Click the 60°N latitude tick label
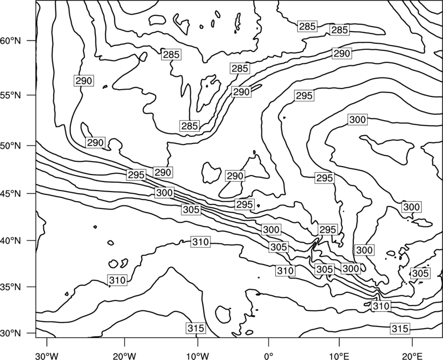pyautogui.click(x=11, y=41)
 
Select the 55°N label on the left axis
pyautogui.click(x=11, y=95)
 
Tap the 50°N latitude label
pyautogui.click(x=11, y=146)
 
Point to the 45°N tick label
pyautogui.click(x=11, y=193)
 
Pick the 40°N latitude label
pyautogui.click(x=11, y=241)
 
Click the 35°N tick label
pyautogui.click(x=11, y=287)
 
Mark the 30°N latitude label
pyautogui.click(x=11, y=333)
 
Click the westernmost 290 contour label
pyautogui.click(x=84, y=81)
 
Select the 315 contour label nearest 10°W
pyautogui.click(x=196, y=328)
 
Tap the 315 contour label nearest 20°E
pyautogui.click(x=400, y=328)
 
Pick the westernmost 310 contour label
pyautogui.click(x=117, y=280)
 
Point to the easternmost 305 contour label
pyautogui.click(x=420, y=273)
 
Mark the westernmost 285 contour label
pyautogui.click(x=171, y=54)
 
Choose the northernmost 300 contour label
pyautogui.click(x=358, y=120)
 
